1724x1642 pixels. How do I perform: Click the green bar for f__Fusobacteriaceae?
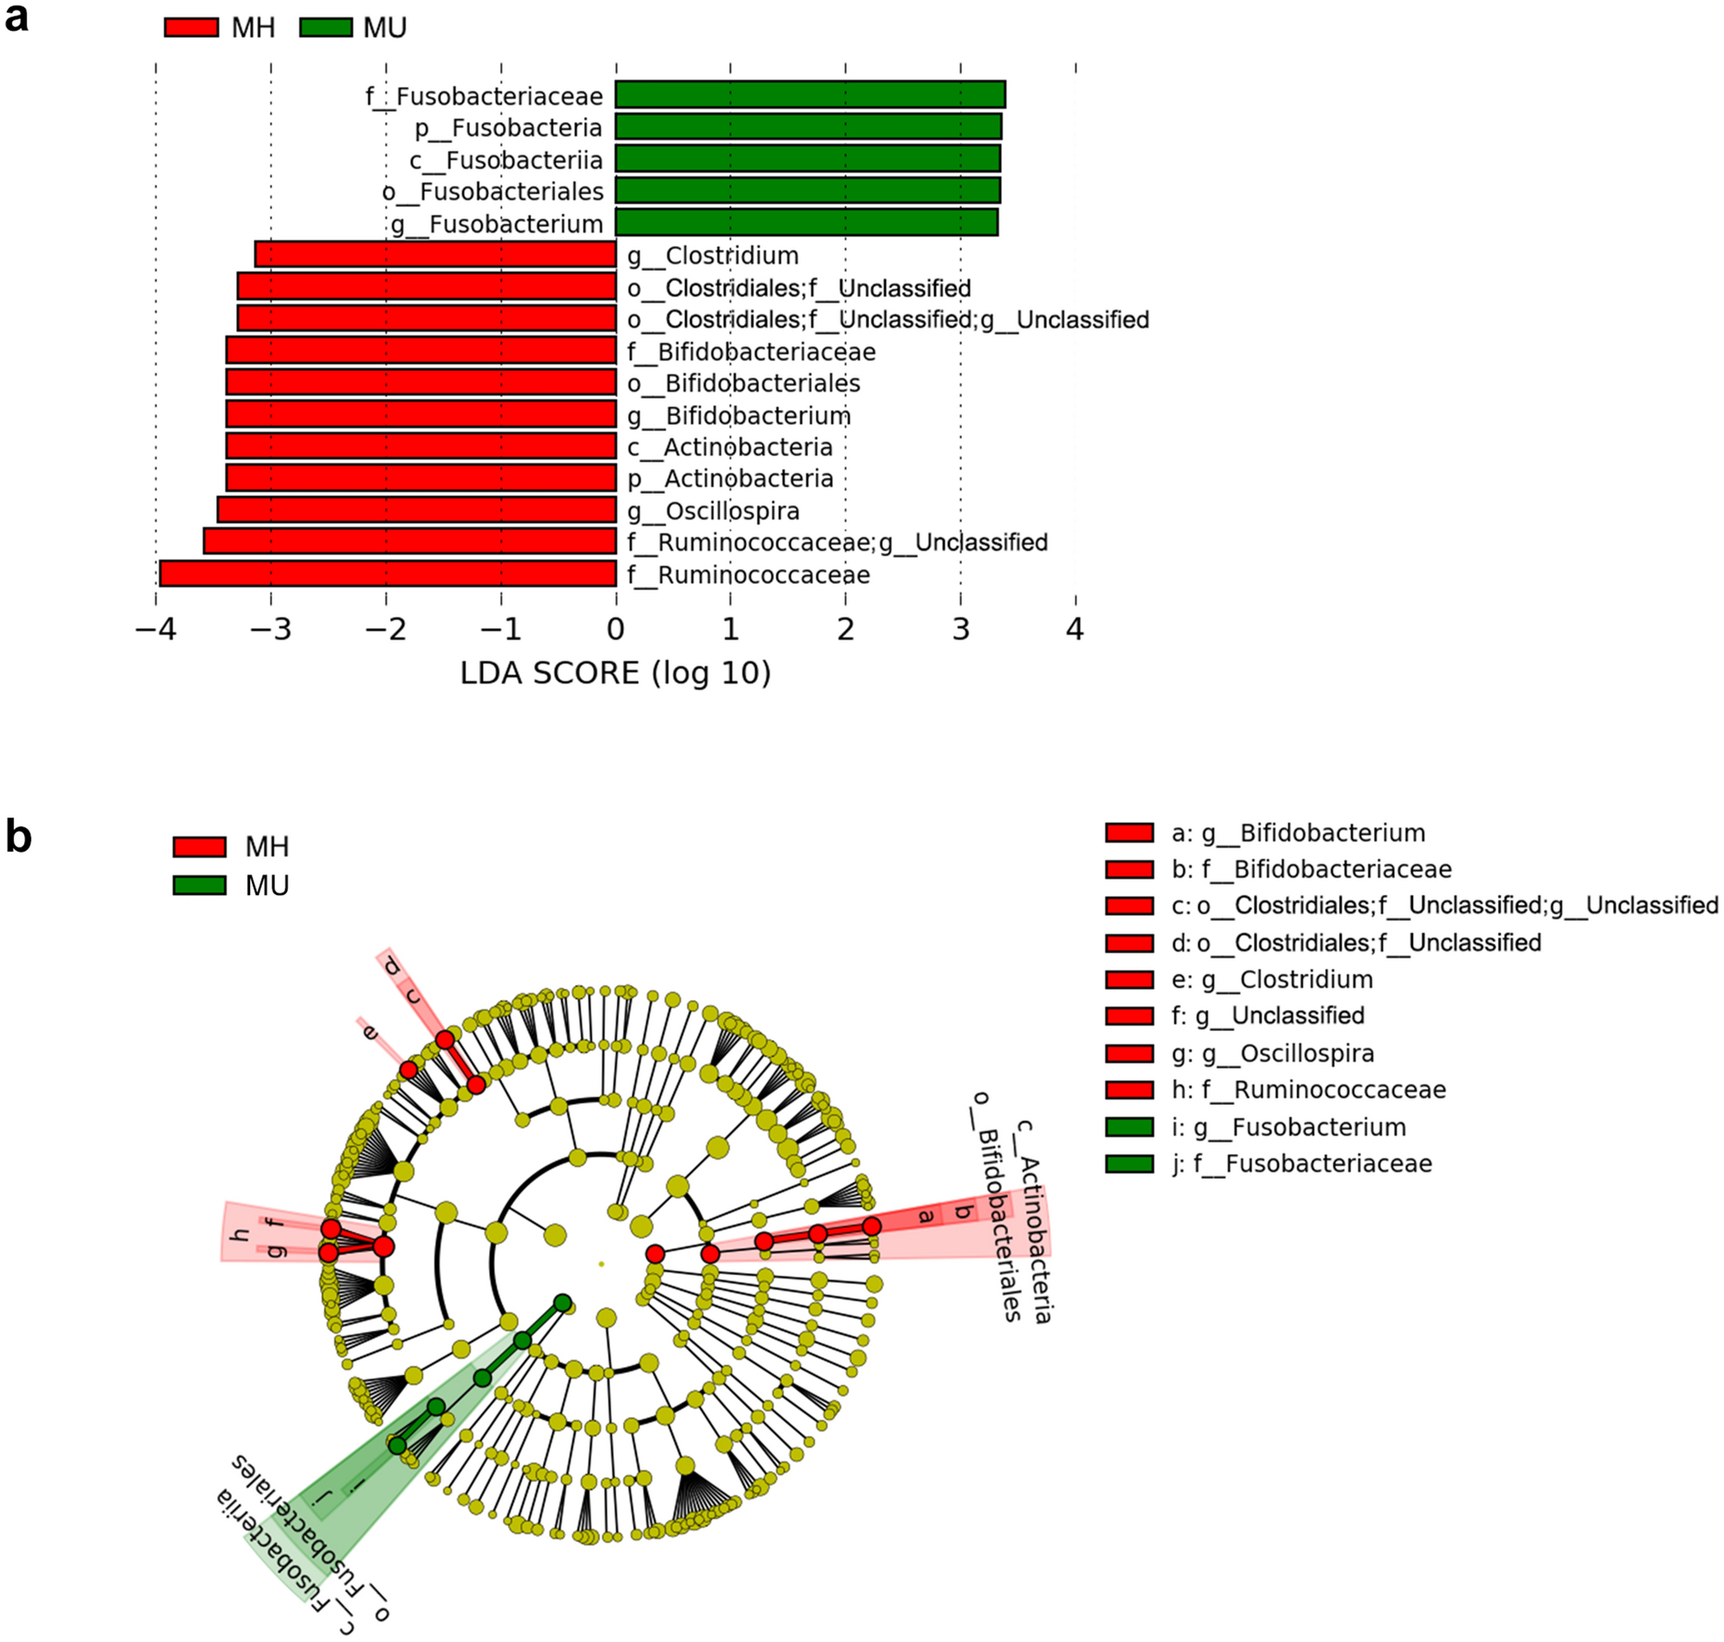click(x=810, y=95)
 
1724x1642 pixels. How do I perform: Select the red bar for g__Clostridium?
click(x=436, y=254)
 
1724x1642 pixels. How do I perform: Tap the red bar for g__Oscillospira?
click(x=417, y=511)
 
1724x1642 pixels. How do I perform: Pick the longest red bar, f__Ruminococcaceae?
click(x=388, y=574)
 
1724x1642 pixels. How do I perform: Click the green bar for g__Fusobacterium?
click(x=806, y=223)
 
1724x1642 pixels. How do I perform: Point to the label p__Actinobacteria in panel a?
click(x=731, y=479)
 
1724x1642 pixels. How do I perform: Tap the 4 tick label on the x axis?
click(x=1074, y=629)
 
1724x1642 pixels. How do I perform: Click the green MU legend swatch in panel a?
click(x=326, y=28)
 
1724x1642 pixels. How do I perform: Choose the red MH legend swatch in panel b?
click(x=199, y=847)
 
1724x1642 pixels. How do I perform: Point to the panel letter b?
click(x=18, y=836)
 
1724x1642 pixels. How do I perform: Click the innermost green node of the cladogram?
click(x=563, y=1303)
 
